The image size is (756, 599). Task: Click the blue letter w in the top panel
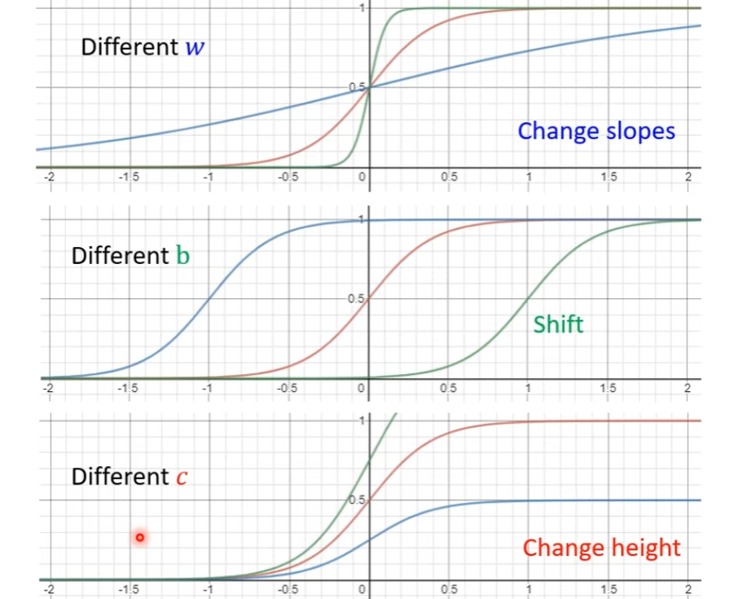click(x=194, y=47)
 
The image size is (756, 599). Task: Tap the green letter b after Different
click(x=182, y=256)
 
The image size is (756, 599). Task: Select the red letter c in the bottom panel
click(x=182, y=477)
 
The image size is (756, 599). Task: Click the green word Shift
click(x=558, y=324)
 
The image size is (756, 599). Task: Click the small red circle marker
click(x=140, y=537)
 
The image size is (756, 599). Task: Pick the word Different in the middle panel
click(x=120, y=256)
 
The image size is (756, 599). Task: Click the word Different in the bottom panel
click(x=120, y=477)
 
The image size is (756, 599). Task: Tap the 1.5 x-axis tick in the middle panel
click(x=607, y=388)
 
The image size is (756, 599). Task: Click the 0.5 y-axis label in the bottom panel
click(x=357, y=500)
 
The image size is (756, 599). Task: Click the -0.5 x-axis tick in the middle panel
click(x=287, y=388)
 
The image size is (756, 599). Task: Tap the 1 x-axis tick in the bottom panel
click(x=528, y=588)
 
